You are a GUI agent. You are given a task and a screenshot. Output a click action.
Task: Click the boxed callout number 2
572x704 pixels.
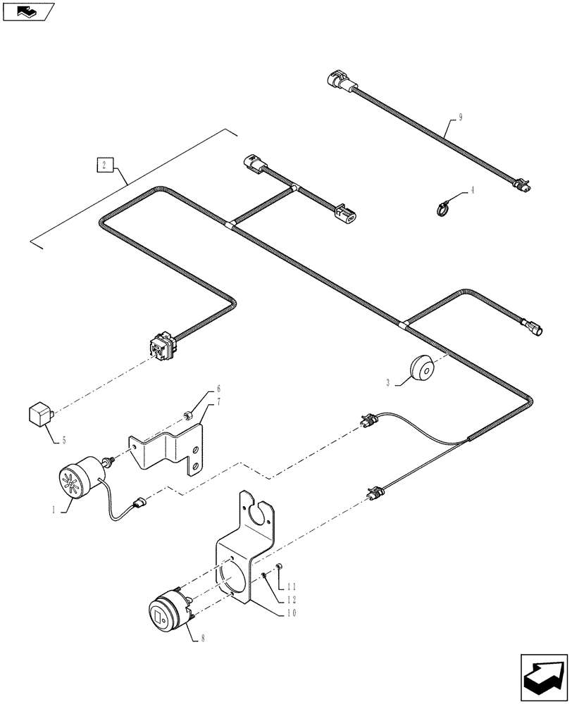coord(104,165)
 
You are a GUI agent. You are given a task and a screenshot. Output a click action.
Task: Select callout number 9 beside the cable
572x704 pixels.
coord(460,118)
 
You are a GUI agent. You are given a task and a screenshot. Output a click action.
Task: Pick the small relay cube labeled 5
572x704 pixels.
coord(39,414)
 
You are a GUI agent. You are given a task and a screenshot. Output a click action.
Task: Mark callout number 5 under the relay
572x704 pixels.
coord(63,441)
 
